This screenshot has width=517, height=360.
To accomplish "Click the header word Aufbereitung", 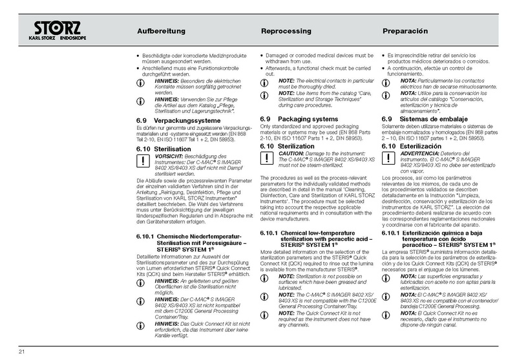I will click(162, 31).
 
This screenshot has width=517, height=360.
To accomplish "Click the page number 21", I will click(21, 351).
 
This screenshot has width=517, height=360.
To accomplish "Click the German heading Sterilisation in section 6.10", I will click(174, 149).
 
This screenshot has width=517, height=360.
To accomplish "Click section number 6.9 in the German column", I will click(143, 121).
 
